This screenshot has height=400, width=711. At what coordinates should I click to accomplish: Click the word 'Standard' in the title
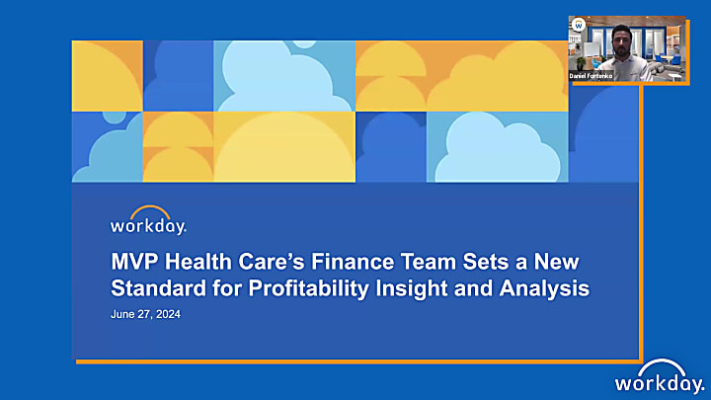coord(155,289)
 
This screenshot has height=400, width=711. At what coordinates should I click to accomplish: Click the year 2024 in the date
coord(167,315)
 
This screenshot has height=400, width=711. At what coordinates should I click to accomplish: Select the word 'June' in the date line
coord(121,315)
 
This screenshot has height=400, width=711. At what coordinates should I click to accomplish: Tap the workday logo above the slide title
coord(148,225)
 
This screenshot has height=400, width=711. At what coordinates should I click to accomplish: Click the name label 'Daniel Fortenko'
coord(594,75)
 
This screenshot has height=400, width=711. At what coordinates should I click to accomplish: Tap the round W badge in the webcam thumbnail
coord(579,25)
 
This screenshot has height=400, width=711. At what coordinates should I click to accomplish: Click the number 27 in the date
coord(143,315)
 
